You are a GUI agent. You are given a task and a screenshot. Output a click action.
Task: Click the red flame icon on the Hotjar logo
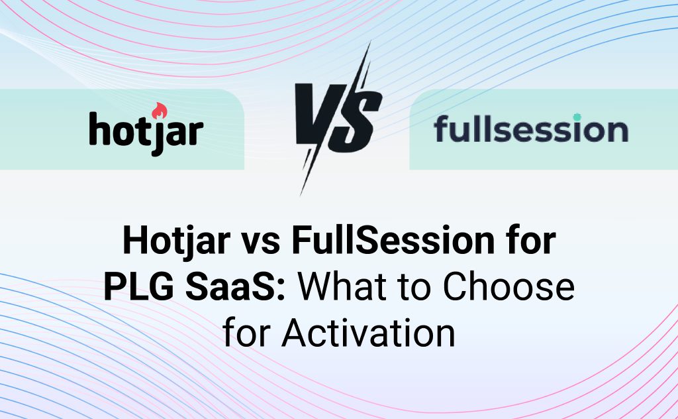point(160,111)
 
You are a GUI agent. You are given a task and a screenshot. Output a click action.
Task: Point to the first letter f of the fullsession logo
point(442,129)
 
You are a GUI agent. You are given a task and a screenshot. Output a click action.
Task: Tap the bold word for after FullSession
point(527,242)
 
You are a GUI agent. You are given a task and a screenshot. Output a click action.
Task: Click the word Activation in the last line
point(369,333)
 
